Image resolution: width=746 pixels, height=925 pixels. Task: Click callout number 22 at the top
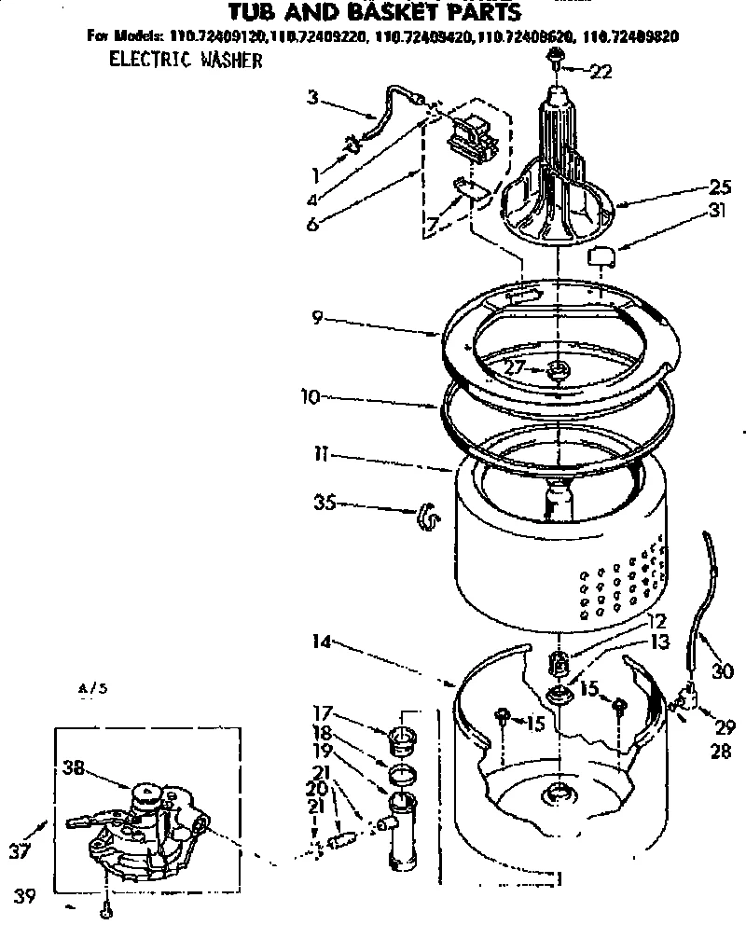(x=601, y=72)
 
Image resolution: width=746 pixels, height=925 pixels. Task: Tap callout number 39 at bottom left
(x=25, y=897)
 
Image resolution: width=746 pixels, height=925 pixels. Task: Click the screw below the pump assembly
(x=109, y=903)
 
